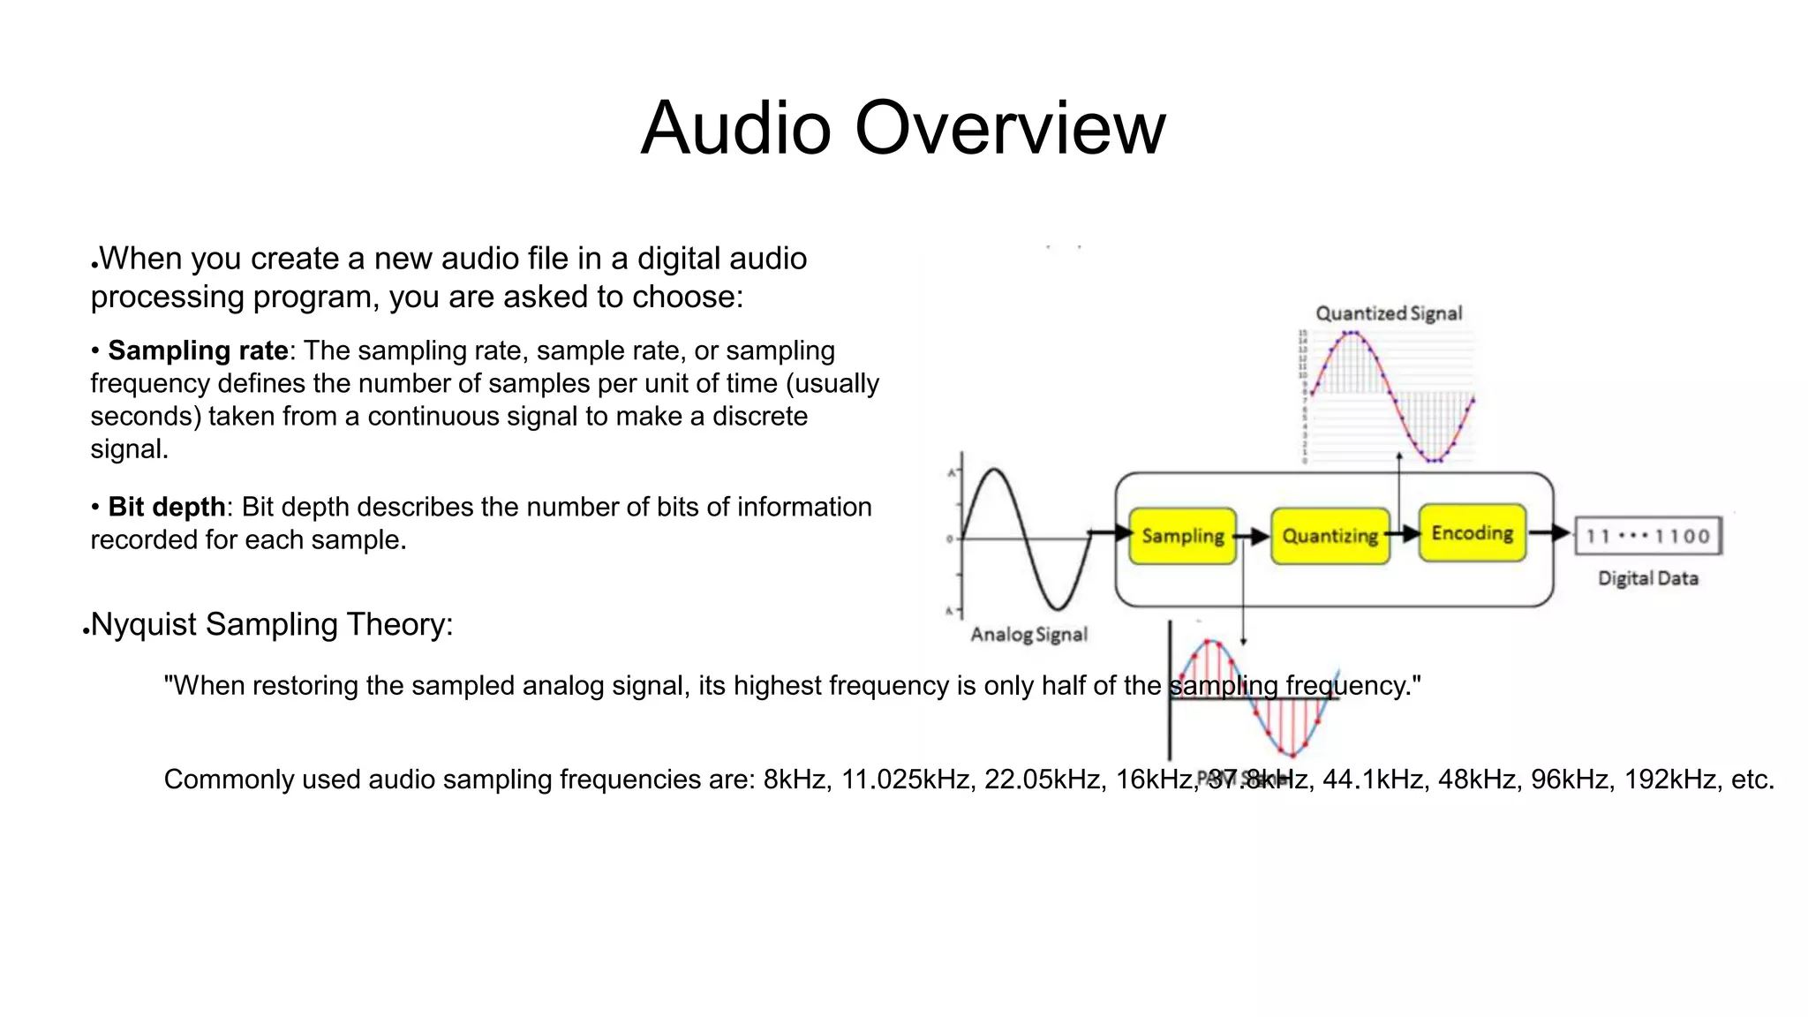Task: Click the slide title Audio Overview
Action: [903, 128]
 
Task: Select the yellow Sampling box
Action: [1182, 536]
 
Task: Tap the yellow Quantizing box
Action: [1330, 536]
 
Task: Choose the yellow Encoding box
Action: [1472, 532]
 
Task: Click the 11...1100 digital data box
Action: [1648, 536]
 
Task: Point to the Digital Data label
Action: [1647, 578]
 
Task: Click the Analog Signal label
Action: [1028, 634]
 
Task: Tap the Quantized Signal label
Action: [1389, 313]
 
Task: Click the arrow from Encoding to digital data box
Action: [1549, 532]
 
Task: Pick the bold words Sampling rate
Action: [198, 350]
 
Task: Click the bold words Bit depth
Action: [166, 507]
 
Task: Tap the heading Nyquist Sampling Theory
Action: [272, 624]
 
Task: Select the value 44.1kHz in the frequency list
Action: [1372, 780]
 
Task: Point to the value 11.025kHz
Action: [904, 780]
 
